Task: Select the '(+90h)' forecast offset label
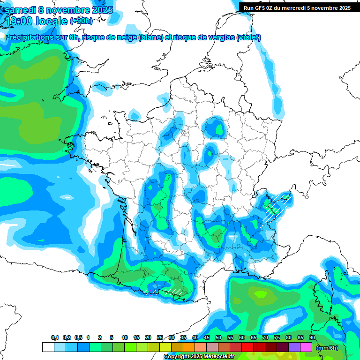[81, 21]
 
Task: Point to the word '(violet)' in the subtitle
[248, 37]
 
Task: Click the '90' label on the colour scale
[312, 338]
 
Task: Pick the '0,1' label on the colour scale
[54, 338]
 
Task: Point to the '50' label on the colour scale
[218, 338]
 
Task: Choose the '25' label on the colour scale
[160, 338]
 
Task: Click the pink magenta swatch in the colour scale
[306, 347]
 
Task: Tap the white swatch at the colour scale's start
[48, 347]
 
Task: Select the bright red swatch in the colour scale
[247, 347]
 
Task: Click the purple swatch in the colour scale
[294, 347]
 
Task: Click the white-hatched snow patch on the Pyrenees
[173, 291]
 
